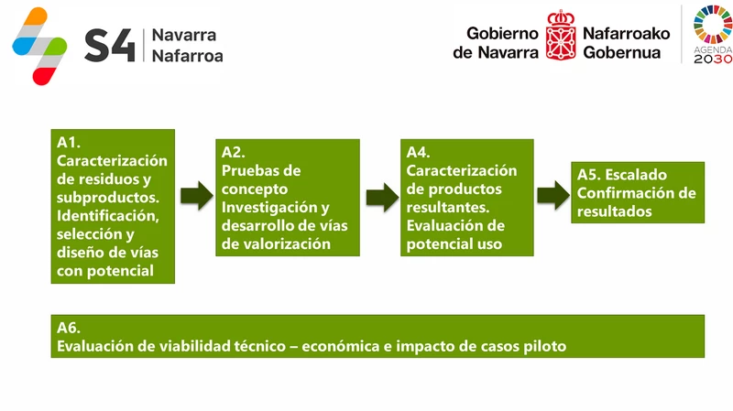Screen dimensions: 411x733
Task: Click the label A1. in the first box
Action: pos(70,142)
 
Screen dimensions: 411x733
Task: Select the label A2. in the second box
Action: pos(234,153)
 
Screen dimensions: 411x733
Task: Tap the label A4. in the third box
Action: pos(418,153)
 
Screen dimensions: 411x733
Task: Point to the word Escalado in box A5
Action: pos(636,175)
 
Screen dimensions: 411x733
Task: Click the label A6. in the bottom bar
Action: pos(70,329)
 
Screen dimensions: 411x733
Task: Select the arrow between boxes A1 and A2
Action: pos(195,196)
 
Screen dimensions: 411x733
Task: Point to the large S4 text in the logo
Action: pos(108,44)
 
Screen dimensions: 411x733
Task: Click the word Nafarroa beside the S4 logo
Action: pos(187,55)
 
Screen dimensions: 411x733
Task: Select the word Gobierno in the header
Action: pos(502,33)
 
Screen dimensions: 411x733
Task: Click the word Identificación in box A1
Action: pos(108,216)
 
